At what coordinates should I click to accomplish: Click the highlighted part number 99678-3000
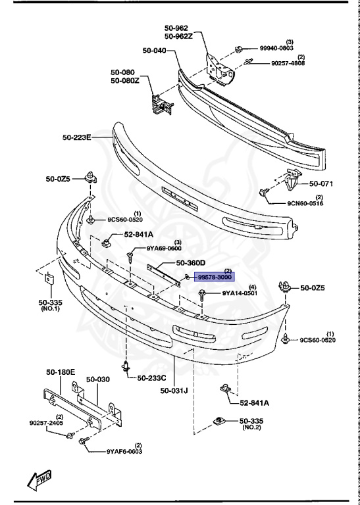pyautogui.click(x=215, y=278)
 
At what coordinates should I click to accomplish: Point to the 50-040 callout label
pyautogui.click(x=155, y=50)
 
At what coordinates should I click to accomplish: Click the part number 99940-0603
pyautogui.click(x=277, y=49)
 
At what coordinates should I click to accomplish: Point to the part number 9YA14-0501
pyautogui.click(x=239, y=293)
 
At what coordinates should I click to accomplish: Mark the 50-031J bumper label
pyautogui.click(x=174, y=391)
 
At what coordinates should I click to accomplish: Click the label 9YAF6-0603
pyautogui.click(x=124, y=452)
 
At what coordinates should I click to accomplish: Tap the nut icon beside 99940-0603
pyautogui.click(x=240, y=49)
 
